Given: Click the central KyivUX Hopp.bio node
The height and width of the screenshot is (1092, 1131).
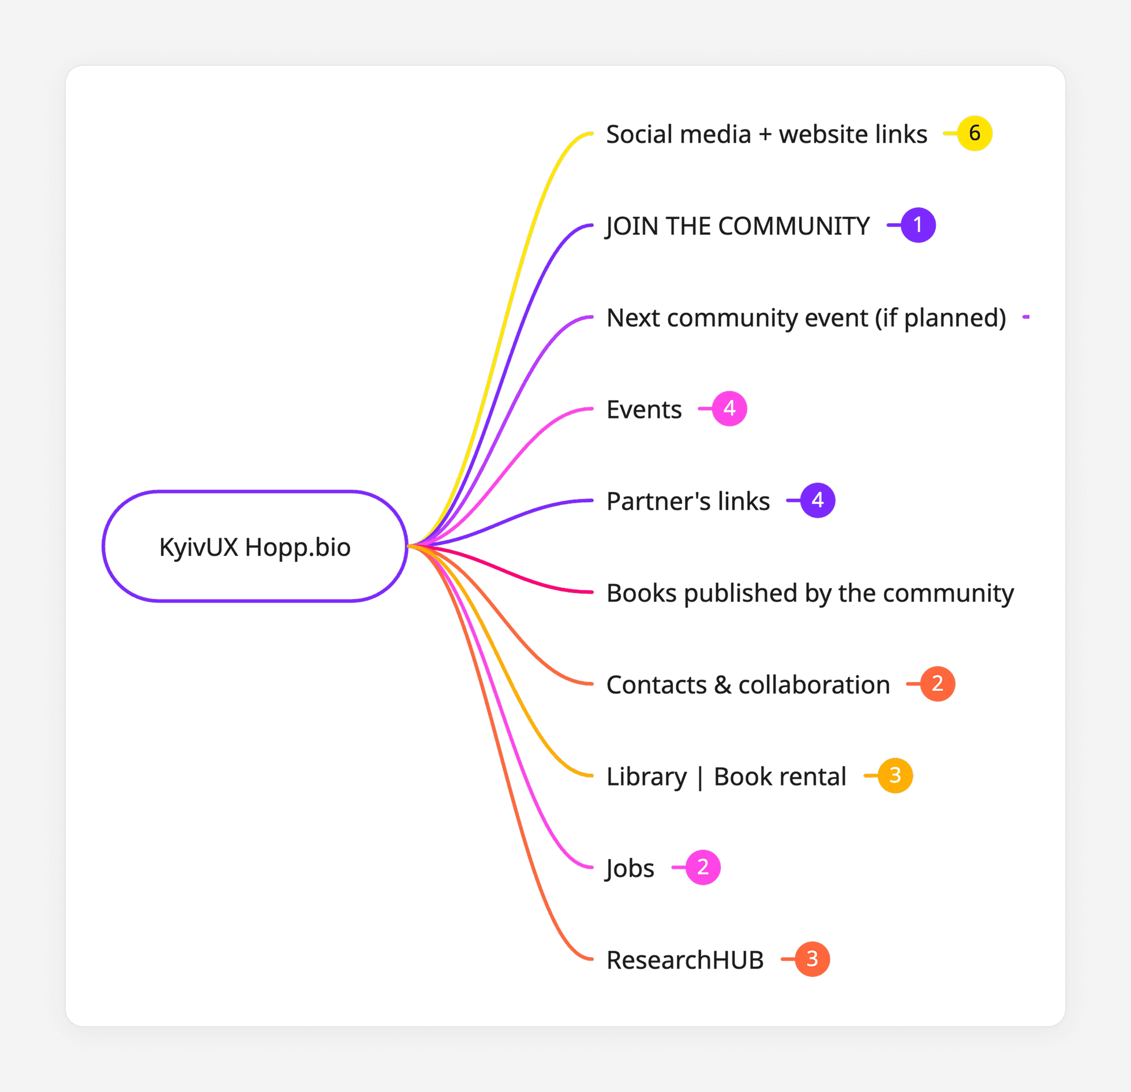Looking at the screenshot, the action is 255,547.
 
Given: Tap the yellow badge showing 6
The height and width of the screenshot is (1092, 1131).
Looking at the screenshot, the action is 975,133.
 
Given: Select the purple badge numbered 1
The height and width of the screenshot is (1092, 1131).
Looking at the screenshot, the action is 918,225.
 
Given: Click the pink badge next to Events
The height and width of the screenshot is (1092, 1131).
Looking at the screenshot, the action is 729,409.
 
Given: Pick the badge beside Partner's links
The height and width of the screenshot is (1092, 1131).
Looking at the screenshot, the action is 818,500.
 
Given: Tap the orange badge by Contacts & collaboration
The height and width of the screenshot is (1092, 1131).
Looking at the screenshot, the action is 938,684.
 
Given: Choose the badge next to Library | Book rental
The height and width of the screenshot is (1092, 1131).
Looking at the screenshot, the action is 895,776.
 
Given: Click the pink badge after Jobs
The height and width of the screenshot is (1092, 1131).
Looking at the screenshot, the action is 703,867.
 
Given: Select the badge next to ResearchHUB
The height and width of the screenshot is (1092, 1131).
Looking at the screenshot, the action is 812,959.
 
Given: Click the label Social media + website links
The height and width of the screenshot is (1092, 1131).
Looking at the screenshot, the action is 766,134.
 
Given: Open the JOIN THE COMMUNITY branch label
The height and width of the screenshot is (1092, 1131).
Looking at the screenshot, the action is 737,226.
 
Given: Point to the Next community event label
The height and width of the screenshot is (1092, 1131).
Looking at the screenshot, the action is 806,318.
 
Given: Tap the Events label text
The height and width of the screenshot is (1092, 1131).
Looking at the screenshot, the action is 644,410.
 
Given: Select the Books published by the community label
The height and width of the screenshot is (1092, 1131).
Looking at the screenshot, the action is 810,593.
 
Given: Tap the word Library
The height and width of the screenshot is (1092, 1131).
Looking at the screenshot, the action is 646,777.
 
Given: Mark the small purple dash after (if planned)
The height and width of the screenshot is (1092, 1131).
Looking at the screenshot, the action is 1026,317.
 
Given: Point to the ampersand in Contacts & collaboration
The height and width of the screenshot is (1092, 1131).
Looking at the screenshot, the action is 722,685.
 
